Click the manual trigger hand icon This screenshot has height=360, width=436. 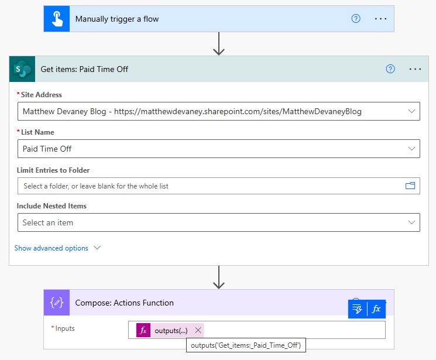[x=57, y=19]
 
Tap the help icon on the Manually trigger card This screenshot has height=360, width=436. [x=356, y=19]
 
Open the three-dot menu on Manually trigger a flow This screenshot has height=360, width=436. [x=380, y=19]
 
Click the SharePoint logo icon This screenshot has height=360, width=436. [x=22, y=69]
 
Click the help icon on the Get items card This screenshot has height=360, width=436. [x=390, y=69]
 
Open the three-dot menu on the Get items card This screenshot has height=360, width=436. [x=415, y=69]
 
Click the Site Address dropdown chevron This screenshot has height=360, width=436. [x=411, y=111]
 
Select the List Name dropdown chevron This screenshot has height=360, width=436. [x=411, y=149]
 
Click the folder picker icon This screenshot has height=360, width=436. [x=410, y=186]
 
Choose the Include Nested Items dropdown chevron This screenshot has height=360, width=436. [x=411, y=222]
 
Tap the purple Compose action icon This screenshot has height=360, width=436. [x=57, y=303]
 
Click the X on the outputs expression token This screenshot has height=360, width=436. [x=198, y=330]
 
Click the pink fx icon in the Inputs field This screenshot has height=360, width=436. [x=143, y=330]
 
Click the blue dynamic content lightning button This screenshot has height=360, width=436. [x=358, y=309]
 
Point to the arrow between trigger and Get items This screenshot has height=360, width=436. [x=219, y=44]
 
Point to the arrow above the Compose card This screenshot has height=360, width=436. [x=219, y=277]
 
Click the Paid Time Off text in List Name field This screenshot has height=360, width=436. [x=47, y=149]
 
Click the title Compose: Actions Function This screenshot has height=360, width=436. [x=124, y=303]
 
